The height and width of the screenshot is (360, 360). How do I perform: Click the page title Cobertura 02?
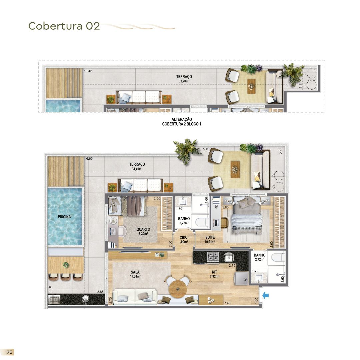(64, 26)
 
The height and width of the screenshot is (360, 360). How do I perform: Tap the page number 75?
(10, 352)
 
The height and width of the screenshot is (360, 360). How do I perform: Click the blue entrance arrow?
(266, 295)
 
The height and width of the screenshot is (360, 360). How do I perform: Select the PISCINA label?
(64, 217)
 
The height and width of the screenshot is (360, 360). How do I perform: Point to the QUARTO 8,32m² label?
(143, 231)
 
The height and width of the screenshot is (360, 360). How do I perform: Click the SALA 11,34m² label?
(135, 274)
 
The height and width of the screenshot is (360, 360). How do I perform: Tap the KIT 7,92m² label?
(214, 274)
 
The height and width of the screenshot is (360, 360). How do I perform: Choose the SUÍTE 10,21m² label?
(210, 240)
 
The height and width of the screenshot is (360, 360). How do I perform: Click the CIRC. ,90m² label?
(184, 240)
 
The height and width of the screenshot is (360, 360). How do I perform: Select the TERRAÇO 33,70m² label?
(184, 79)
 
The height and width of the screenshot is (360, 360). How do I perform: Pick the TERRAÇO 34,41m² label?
(137, 167)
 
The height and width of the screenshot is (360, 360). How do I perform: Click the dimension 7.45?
(227, 303)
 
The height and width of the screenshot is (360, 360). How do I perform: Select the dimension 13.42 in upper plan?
(88, 71)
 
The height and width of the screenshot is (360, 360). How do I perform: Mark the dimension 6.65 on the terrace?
(89, 159)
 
